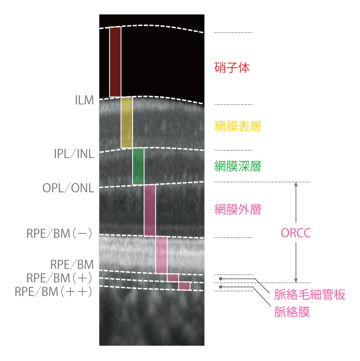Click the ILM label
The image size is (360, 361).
pyautogui.click(x=85, y=100)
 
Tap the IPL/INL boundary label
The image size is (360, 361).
pyautogui.click(x=74, y=154)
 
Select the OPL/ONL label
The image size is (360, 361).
pyautogui.click(x=68, y=188)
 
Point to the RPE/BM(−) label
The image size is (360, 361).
pyautogui.click(x=59, y=233)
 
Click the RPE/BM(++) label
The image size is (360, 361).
pyautogui.click(x=53, y=292)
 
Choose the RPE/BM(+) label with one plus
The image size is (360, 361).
pyautogui.click(x=59, y=278)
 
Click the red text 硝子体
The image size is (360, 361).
pyautogui.click(x=232, y=67)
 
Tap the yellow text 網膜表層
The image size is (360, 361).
pyautogui.click(x=238, y=126)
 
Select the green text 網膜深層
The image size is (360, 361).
pyautogui.click(x=238, y=166)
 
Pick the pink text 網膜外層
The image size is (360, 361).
pyautogui.click(x=238, y=209)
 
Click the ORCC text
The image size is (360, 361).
pyautogui.click(x=296, y=233)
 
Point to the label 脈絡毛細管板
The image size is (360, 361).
pyautogui.click(x=310, y=295)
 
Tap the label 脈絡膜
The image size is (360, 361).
pyautogui.click(x=292, y=312)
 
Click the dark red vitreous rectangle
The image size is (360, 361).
pyautogui.click(x=115, y=62)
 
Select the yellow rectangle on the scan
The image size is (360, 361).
pyautogui.click(x=127, y=122)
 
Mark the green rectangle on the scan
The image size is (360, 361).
pyautogui.click(x=138, y=166)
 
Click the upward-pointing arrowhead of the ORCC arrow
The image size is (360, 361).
pyautogui.click(x=296, y=184)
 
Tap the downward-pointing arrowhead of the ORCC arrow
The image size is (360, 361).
pyautogui.click(x=296, y=281)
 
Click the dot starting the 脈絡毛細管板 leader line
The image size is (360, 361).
pyautogui.click(x=220, y=279)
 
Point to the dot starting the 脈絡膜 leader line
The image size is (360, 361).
pyautogui.click(x=220, y=287)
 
